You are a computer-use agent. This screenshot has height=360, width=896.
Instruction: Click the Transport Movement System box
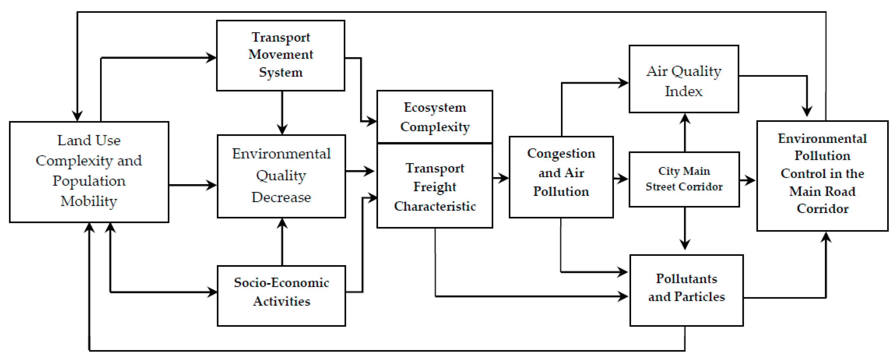280,56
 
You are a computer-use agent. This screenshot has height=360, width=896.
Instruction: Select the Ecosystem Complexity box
435,117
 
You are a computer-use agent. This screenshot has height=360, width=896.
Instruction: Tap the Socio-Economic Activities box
281,295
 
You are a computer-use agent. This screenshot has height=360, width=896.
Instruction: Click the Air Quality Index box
684,79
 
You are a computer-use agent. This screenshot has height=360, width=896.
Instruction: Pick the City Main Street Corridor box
684,179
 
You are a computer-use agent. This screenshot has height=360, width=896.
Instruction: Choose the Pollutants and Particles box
686,290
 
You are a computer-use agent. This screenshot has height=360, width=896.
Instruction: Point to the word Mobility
89,201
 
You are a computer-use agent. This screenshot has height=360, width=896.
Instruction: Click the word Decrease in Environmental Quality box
281,197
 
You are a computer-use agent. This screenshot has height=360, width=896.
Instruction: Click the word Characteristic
435,206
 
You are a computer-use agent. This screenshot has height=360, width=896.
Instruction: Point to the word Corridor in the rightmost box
822,208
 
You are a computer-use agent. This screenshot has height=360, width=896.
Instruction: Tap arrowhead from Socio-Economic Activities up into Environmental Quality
282,223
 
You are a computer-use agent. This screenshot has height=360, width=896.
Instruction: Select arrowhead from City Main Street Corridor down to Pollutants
685,244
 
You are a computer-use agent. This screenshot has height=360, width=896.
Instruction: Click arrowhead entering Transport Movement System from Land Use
211,58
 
